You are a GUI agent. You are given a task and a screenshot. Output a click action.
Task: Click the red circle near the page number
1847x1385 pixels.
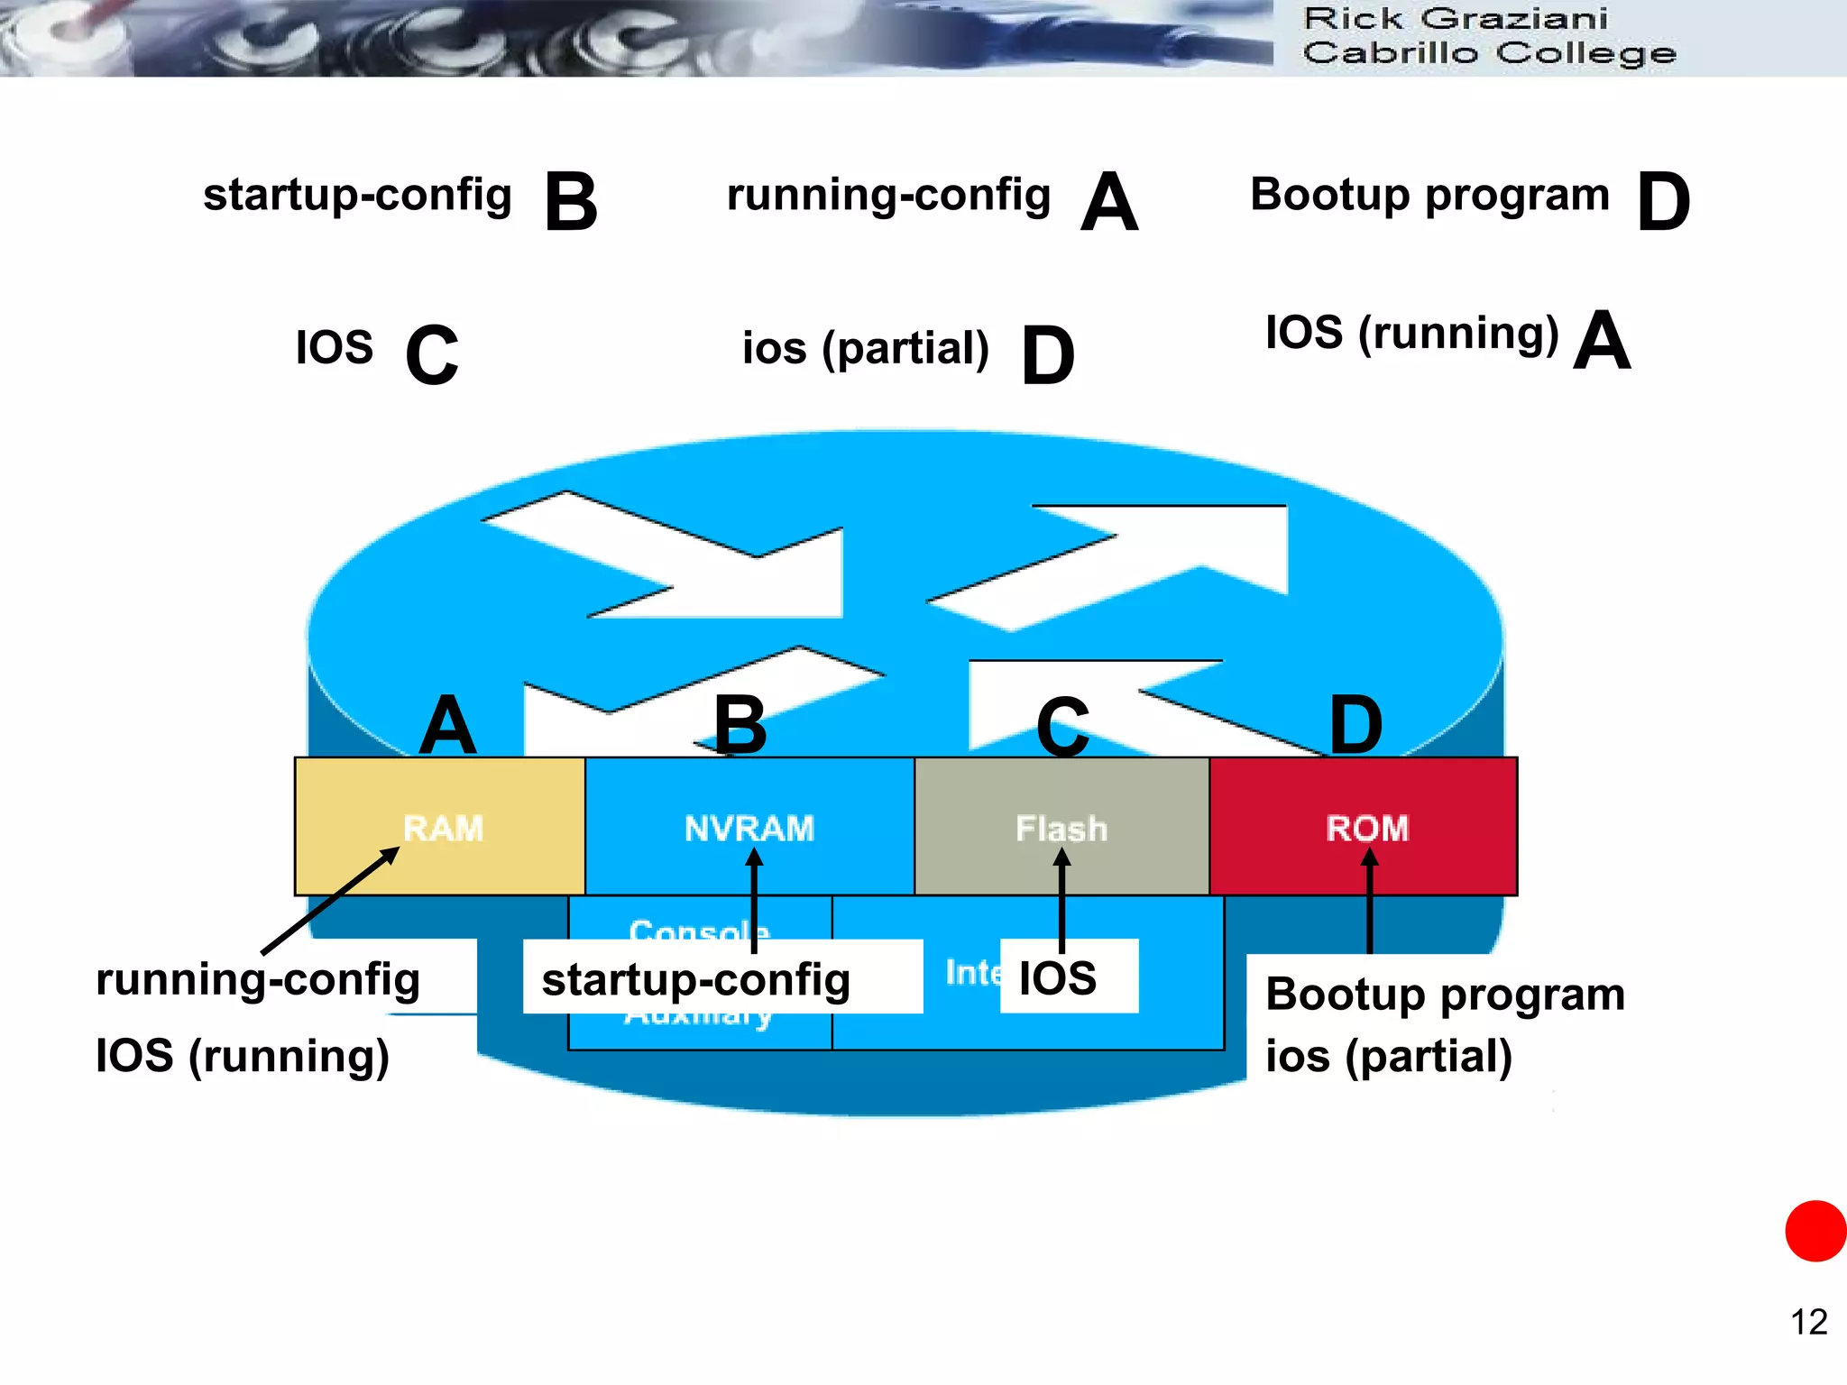click(x=1815, y=1231)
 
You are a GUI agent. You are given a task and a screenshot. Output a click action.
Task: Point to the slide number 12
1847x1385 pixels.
click(x=1808, y=1322)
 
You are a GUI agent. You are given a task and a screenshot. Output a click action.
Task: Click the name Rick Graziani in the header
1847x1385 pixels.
click(x=1455, y=19)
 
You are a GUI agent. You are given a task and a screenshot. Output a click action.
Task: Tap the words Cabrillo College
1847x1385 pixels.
click(x=1489, y=53)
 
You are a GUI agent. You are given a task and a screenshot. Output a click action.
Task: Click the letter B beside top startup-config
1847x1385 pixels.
click(x=571, y=202)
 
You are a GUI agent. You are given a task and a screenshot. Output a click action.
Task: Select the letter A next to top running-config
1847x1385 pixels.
click(x=1109, y=202)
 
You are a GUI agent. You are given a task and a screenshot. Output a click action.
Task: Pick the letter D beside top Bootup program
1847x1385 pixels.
click(x=1663, y=202)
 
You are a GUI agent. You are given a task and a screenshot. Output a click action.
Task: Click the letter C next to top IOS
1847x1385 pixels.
click(x=432, y=354)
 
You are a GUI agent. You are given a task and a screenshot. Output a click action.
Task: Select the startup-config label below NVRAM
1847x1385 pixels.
click(x=696, y=979)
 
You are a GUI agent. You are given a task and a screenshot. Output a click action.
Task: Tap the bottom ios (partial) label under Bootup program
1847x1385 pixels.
click(x=1389, y=1056)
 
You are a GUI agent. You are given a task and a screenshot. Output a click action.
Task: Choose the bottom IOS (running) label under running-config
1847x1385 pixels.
click(x=243, y=1056)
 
